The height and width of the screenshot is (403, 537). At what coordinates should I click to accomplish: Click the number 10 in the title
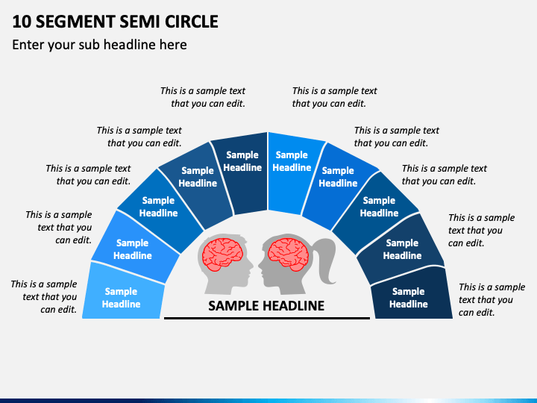point(22,22)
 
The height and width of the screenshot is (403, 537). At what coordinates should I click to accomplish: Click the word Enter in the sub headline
point(28,45)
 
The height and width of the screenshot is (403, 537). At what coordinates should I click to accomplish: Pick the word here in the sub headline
point(173,45)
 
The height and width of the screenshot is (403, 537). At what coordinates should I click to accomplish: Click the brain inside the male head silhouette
point(222,254)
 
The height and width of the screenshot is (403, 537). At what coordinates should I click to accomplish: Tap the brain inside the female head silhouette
point(288,252)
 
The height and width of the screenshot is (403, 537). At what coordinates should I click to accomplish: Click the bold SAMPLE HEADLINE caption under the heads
point(266,306)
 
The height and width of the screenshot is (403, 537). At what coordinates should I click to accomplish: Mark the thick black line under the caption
point(267,318)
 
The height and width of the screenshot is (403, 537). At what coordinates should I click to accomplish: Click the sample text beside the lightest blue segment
point(44,297)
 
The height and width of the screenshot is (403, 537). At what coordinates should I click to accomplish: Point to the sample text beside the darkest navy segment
point(492,299)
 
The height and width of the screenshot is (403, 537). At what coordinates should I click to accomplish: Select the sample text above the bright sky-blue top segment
point(334,97)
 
